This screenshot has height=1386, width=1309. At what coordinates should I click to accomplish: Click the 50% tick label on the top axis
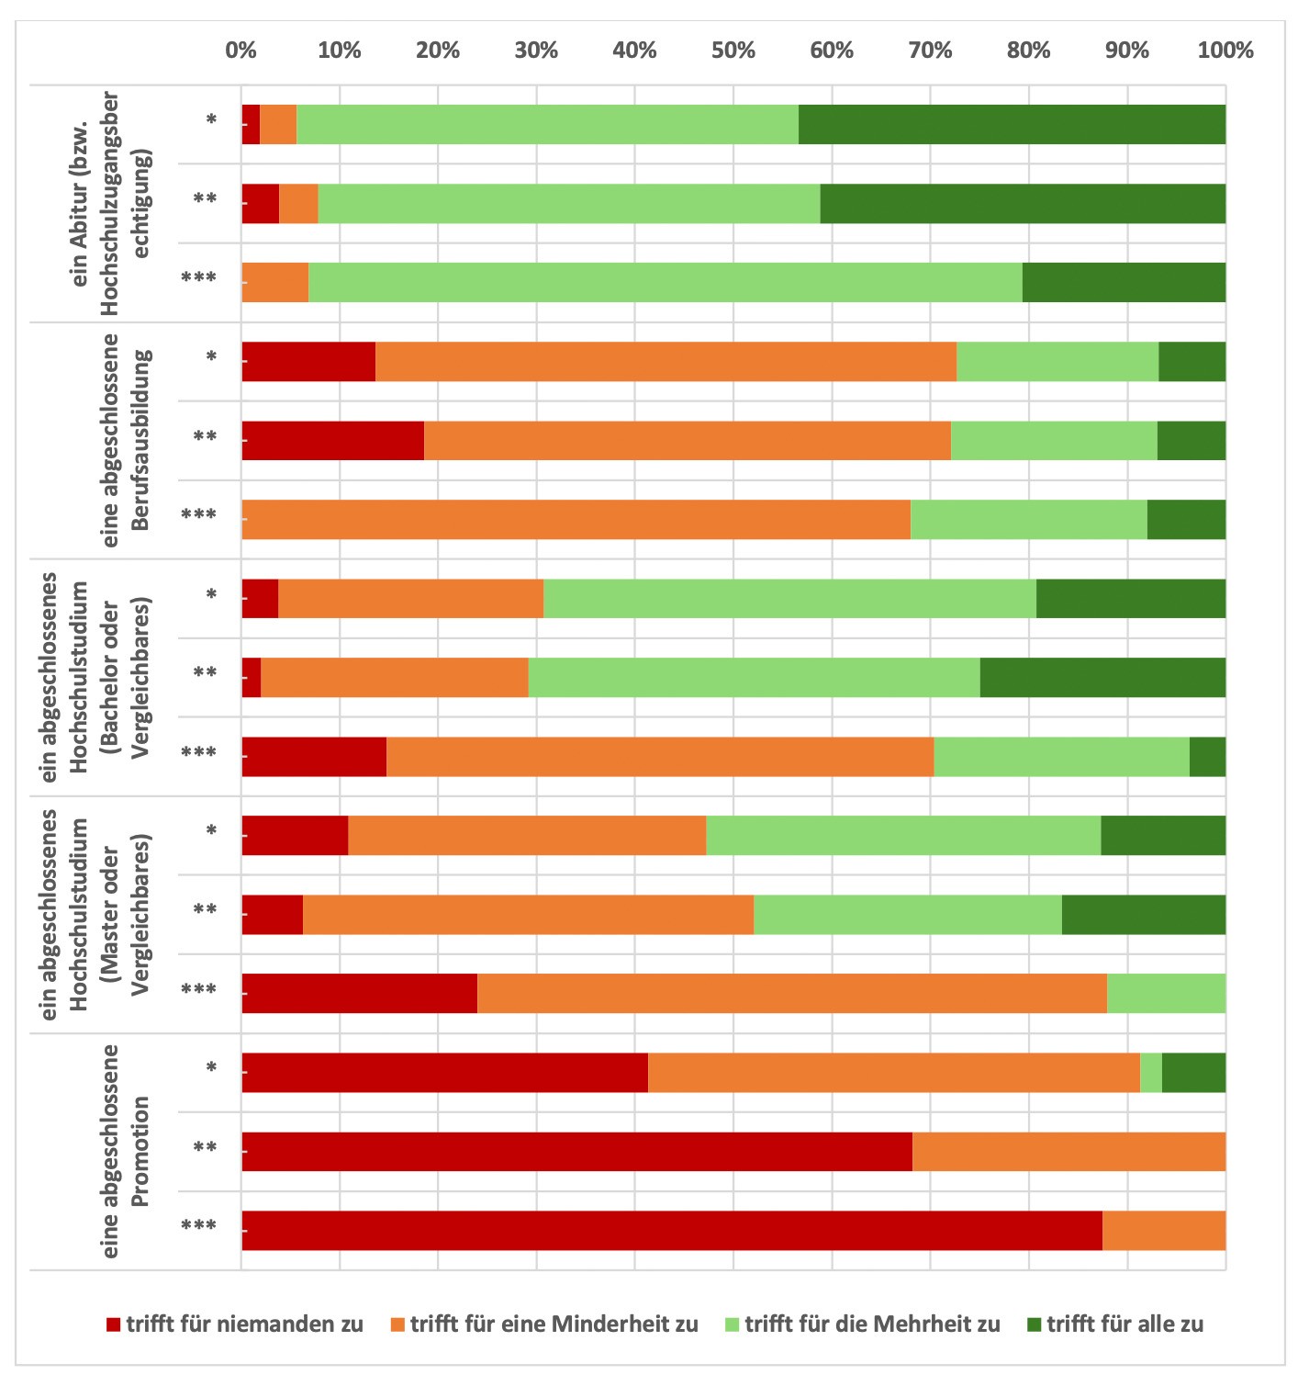pos(733,51)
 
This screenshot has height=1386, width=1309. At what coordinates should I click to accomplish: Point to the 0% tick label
pos(241,51)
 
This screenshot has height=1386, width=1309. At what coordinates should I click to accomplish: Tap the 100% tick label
pos(1225,51)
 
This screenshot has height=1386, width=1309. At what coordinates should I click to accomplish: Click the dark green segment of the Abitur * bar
pos(1012,125)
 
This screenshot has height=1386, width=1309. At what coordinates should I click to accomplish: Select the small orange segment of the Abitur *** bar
pos(275,282)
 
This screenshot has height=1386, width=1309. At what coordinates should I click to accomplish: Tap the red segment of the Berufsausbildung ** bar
pos(332,440)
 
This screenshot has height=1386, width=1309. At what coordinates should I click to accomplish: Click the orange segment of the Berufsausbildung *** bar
pos(576,519)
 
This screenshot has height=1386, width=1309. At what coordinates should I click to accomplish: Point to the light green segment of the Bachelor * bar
pos(789,598)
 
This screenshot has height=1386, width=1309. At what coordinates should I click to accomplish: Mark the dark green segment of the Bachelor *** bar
pos(1207,756)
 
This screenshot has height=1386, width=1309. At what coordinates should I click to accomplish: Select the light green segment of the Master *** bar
pos(1166,993)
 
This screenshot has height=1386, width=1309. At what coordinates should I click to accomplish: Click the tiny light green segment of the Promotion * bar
pos(1150,1072)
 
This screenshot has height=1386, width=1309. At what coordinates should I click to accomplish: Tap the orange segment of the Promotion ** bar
pos(1068,1151)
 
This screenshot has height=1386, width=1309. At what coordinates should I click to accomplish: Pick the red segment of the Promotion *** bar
pos(671,1230)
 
